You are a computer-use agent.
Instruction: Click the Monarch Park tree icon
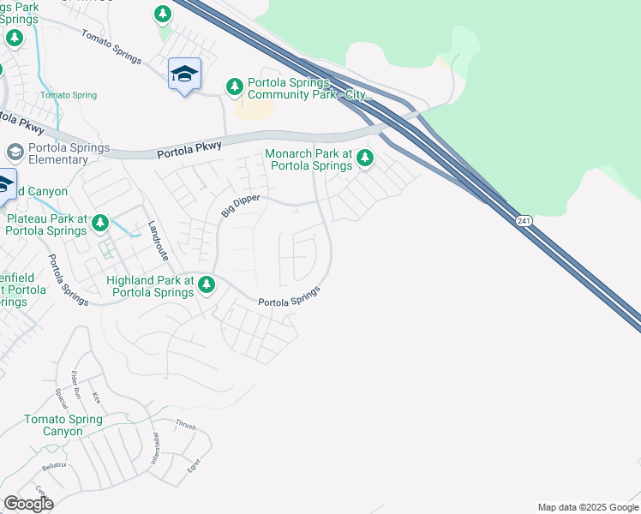[365, 158]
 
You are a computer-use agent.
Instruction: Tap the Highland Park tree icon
[207, 285]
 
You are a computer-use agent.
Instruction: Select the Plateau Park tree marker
[100, 224]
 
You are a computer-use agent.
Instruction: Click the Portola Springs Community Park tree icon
[234, 87]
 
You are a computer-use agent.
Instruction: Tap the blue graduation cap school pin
[184, 74]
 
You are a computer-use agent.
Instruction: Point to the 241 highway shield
[522, 221]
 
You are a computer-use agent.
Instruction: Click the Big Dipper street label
[239, 206]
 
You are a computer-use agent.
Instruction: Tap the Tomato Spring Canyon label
[63, 425]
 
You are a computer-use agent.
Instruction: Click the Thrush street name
[186, 425]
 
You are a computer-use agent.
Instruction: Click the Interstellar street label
[157, 449]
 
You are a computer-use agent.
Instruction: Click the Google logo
[28, 504]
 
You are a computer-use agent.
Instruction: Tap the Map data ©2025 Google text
[588, 507]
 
